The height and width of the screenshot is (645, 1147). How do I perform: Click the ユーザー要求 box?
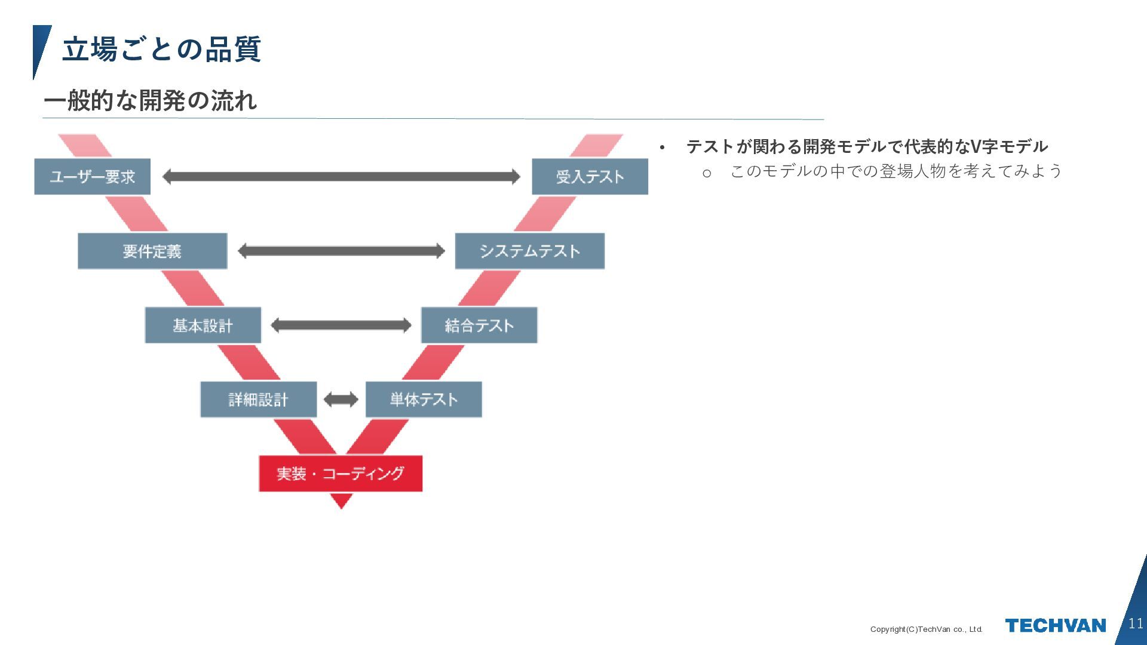click(92, 177)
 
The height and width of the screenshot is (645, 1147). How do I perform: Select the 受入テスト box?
click(590, 177)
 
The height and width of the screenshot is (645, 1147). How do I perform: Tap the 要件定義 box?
click(152, 251)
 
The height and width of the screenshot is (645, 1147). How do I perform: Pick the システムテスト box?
click(529, 251)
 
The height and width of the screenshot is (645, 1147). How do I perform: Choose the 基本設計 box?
click(203, 325)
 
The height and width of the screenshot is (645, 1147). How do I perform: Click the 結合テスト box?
click(479, 325)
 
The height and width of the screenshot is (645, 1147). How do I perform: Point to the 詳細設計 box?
click(258, 400)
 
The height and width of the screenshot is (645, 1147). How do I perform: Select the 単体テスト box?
click(424, 400)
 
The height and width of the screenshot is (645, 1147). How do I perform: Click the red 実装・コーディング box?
click(341, 474)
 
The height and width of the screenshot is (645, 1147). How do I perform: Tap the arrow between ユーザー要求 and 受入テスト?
click(341, 177)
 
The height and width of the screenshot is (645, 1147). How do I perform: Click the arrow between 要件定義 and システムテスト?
click(341, 251)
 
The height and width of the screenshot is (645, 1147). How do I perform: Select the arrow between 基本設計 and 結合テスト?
click(341, 325)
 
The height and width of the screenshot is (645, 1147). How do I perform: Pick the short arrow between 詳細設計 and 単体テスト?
click(341, 400)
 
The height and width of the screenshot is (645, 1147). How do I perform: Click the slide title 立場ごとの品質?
click(161, 49)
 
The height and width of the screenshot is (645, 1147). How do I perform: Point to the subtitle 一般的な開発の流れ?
click(151, 100)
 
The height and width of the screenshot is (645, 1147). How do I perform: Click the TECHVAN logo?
click(1055, 625)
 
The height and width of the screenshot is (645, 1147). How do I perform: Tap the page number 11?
click(1136, 623)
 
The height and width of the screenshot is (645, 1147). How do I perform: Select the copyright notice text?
click(926, 629)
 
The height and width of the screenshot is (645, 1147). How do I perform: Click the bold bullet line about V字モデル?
click(866, 146)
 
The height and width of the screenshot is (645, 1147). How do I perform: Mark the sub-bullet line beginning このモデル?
click(895, 171)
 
